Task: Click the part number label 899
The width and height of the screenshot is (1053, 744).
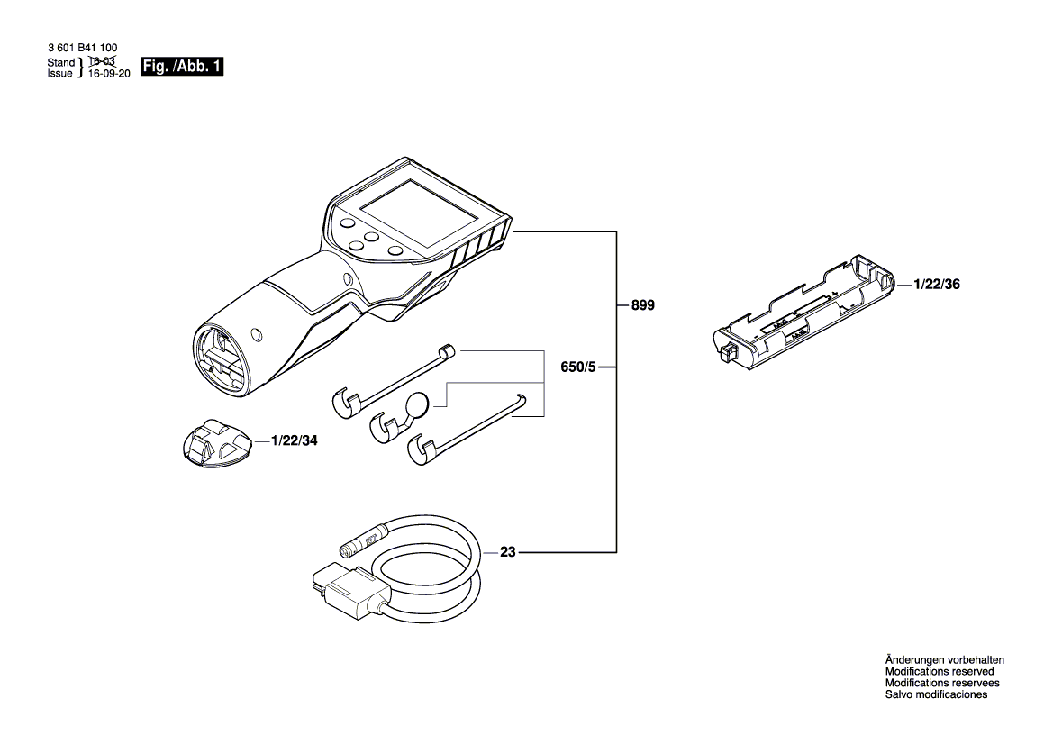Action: pyautogui.click(x=642, y=306)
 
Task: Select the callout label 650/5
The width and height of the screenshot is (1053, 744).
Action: pyautogui.click(x=577, y=367)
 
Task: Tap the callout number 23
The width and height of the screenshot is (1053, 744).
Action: pyautogui.click(x=507, y=552)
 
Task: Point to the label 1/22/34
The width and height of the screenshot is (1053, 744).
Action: pyautogui.click(x=294, y=441)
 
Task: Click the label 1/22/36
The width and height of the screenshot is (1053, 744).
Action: pyautogui.click(x=937, y=284)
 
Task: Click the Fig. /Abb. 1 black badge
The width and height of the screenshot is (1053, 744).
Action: pyautogui.click(x=182, y=68)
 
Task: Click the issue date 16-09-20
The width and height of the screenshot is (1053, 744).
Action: pyautogui.click(x=109, y=75)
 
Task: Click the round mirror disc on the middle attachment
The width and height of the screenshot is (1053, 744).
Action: pyautogui.click(x=420, y=405)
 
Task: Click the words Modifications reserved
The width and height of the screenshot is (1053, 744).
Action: pyautogui.click(x=940, y=672)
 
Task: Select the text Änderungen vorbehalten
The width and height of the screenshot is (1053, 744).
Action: pyautogui.click(x=944, y=660)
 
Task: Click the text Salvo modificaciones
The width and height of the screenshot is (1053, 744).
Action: pyautogui.click(x=936, y=695)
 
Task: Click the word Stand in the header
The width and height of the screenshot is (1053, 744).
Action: pyautogui.click(x=60, y=63)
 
